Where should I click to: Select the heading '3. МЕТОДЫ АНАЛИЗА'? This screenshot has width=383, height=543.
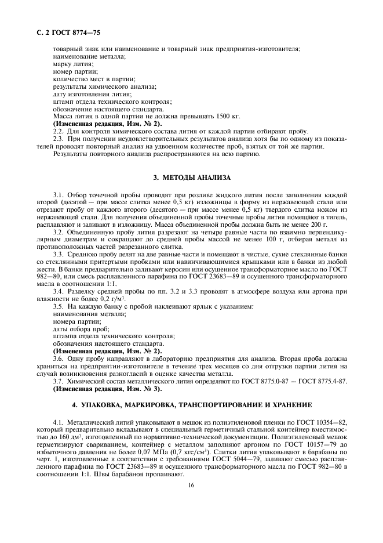[x=191, y=177]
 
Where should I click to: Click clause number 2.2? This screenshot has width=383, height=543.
[x=58, y=131]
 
